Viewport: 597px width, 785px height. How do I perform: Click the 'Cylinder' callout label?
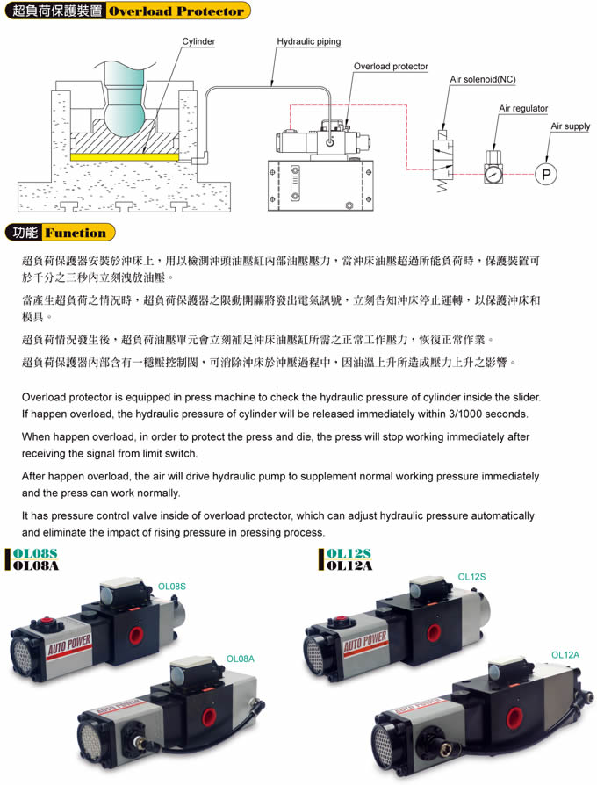(x=198, y=41)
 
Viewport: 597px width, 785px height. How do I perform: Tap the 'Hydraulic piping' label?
(x=309, y=41)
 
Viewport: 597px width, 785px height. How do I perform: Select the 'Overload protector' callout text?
(x=391, y=66)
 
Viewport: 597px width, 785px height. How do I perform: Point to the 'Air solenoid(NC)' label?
(x=482, y=79)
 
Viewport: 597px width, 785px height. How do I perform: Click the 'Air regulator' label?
(x=523, y=108)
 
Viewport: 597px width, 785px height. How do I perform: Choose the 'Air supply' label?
(x=571, y=126)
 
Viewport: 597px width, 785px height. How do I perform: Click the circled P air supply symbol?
(x=545, y=174)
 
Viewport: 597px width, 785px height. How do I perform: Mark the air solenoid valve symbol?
(x=442, y=160)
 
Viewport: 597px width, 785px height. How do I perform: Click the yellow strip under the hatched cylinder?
(x=124, y=156)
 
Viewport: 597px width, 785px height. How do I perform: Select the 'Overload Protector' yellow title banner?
(x=177, y=11)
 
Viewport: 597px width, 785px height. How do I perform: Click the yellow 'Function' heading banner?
(x=78, y=233)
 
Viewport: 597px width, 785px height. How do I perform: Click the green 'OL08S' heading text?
(x=35, y=553)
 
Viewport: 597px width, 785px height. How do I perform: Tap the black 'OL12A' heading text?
(x=349, y=565)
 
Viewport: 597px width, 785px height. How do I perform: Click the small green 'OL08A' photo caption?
(x=241, y=659)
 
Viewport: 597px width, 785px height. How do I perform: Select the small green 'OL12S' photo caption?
(x=471, y=577)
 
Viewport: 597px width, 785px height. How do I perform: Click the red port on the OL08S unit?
(x=135, y=636)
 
